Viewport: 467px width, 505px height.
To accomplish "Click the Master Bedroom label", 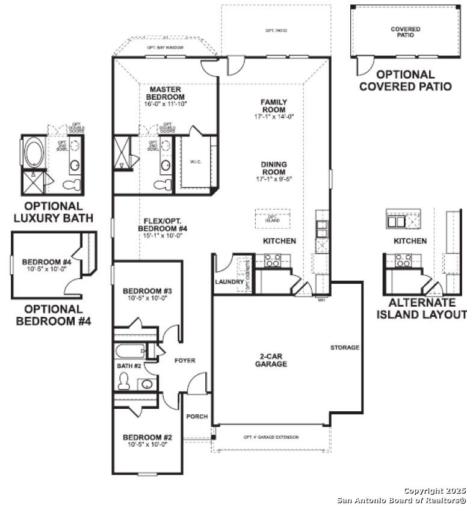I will tap(165, 93).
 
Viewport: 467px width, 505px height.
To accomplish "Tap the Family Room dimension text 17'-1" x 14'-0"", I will tap(273, 117).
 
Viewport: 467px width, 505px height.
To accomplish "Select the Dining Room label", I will tap(273, 164).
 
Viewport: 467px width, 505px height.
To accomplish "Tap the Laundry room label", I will tap(229, 281).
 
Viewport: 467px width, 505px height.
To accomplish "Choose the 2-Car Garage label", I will tap(270, 360).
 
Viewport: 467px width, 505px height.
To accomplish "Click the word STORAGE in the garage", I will tap(344, 347).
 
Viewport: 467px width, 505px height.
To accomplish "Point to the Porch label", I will tap(196, 417).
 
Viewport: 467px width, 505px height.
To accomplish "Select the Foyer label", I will tap(185, 361).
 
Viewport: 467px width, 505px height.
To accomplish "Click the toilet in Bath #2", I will tap(125, 381).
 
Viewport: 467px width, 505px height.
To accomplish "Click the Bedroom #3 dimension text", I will tap(147, 298).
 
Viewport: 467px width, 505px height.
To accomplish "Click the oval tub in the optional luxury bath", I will tap(32, 149).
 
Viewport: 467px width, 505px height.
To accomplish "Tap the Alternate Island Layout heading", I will tap(421, 308).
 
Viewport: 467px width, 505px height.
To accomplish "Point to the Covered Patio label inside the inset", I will tap(405, 32).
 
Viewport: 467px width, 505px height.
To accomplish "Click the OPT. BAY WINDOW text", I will tap(165, 47).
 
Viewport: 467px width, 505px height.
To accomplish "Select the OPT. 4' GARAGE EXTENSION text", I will tap(271, 437).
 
